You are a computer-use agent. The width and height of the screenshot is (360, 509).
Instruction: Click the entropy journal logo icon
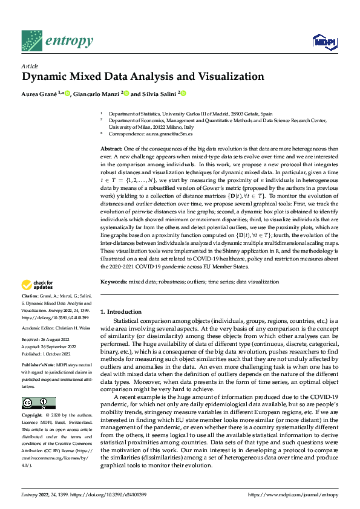point(31,41)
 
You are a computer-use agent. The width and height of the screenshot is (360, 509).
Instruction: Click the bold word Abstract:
point(111,148)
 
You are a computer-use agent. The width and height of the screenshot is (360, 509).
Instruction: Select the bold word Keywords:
point(113,282)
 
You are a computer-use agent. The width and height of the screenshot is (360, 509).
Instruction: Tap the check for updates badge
point(37,285)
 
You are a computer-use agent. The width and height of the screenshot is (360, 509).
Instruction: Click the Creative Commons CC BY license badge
point(38,403)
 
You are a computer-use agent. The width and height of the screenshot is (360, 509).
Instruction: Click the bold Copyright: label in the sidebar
point(34,416)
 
